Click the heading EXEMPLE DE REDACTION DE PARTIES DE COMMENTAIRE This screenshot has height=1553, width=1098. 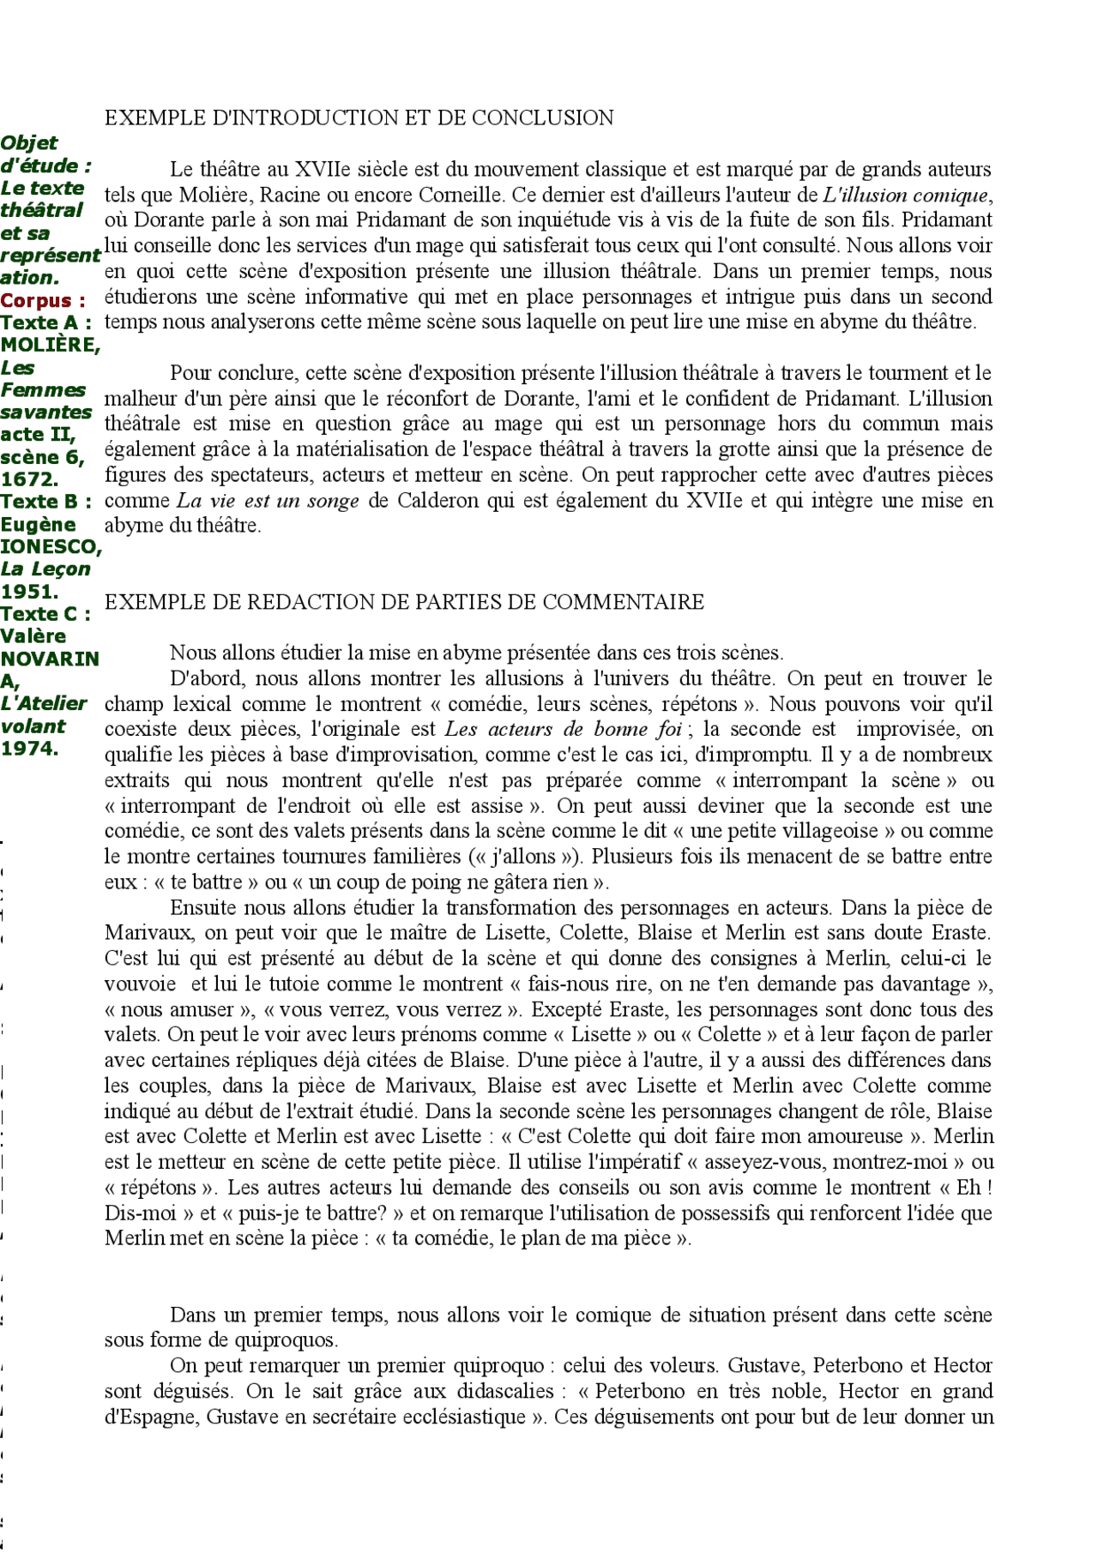(x=404, y=602)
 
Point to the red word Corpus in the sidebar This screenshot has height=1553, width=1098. (x=37, y=300)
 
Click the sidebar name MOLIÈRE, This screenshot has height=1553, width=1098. (x=51, y=345)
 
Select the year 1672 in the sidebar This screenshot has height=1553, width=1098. (x=28, y=479)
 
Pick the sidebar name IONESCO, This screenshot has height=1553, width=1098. (x=51, y=546)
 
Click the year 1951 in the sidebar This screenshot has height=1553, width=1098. (x=28, y=591)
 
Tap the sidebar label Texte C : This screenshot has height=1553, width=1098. (x=45, y=614)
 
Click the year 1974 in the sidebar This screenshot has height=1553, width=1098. (x=28, y=748)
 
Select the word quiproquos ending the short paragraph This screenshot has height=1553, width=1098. (x=285, y=1339)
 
